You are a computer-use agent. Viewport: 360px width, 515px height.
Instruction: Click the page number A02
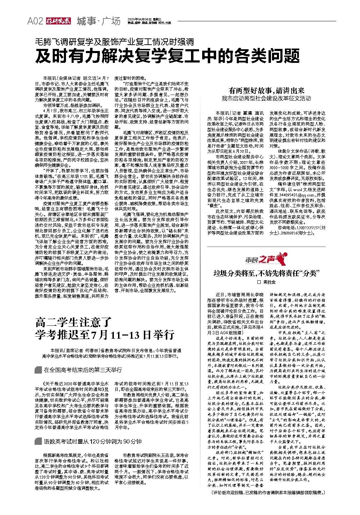point(35,21)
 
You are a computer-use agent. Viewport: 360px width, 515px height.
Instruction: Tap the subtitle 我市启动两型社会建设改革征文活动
point(266,98)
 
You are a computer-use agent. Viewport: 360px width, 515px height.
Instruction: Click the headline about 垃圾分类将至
point(266,273)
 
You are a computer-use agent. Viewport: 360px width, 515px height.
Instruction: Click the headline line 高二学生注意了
point(73,322)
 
